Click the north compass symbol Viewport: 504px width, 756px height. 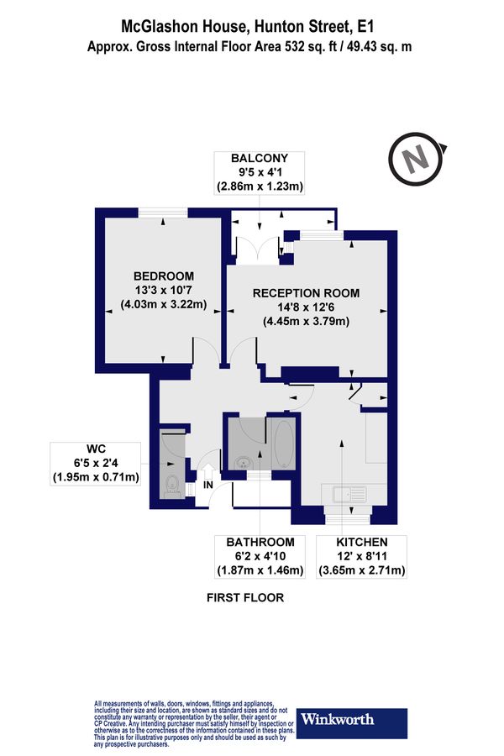pyautogui.click(x=415, y=160)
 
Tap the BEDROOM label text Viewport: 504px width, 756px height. pyautogui.click(x=164, y=276)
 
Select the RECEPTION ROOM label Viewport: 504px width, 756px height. pyautogui.click(x=306, y=293)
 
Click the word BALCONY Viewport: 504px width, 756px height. pyautogui.click(x=260, y=158)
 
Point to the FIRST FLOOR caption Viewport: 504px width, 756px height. pyautogui.click(x=245, y=598)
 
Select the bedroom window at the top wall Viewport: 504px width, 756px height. pyautogui.click(x=162, y=213)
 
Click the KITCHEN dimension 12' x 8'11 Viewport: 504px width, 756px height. pyautogui.click(x=363, y=557)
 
